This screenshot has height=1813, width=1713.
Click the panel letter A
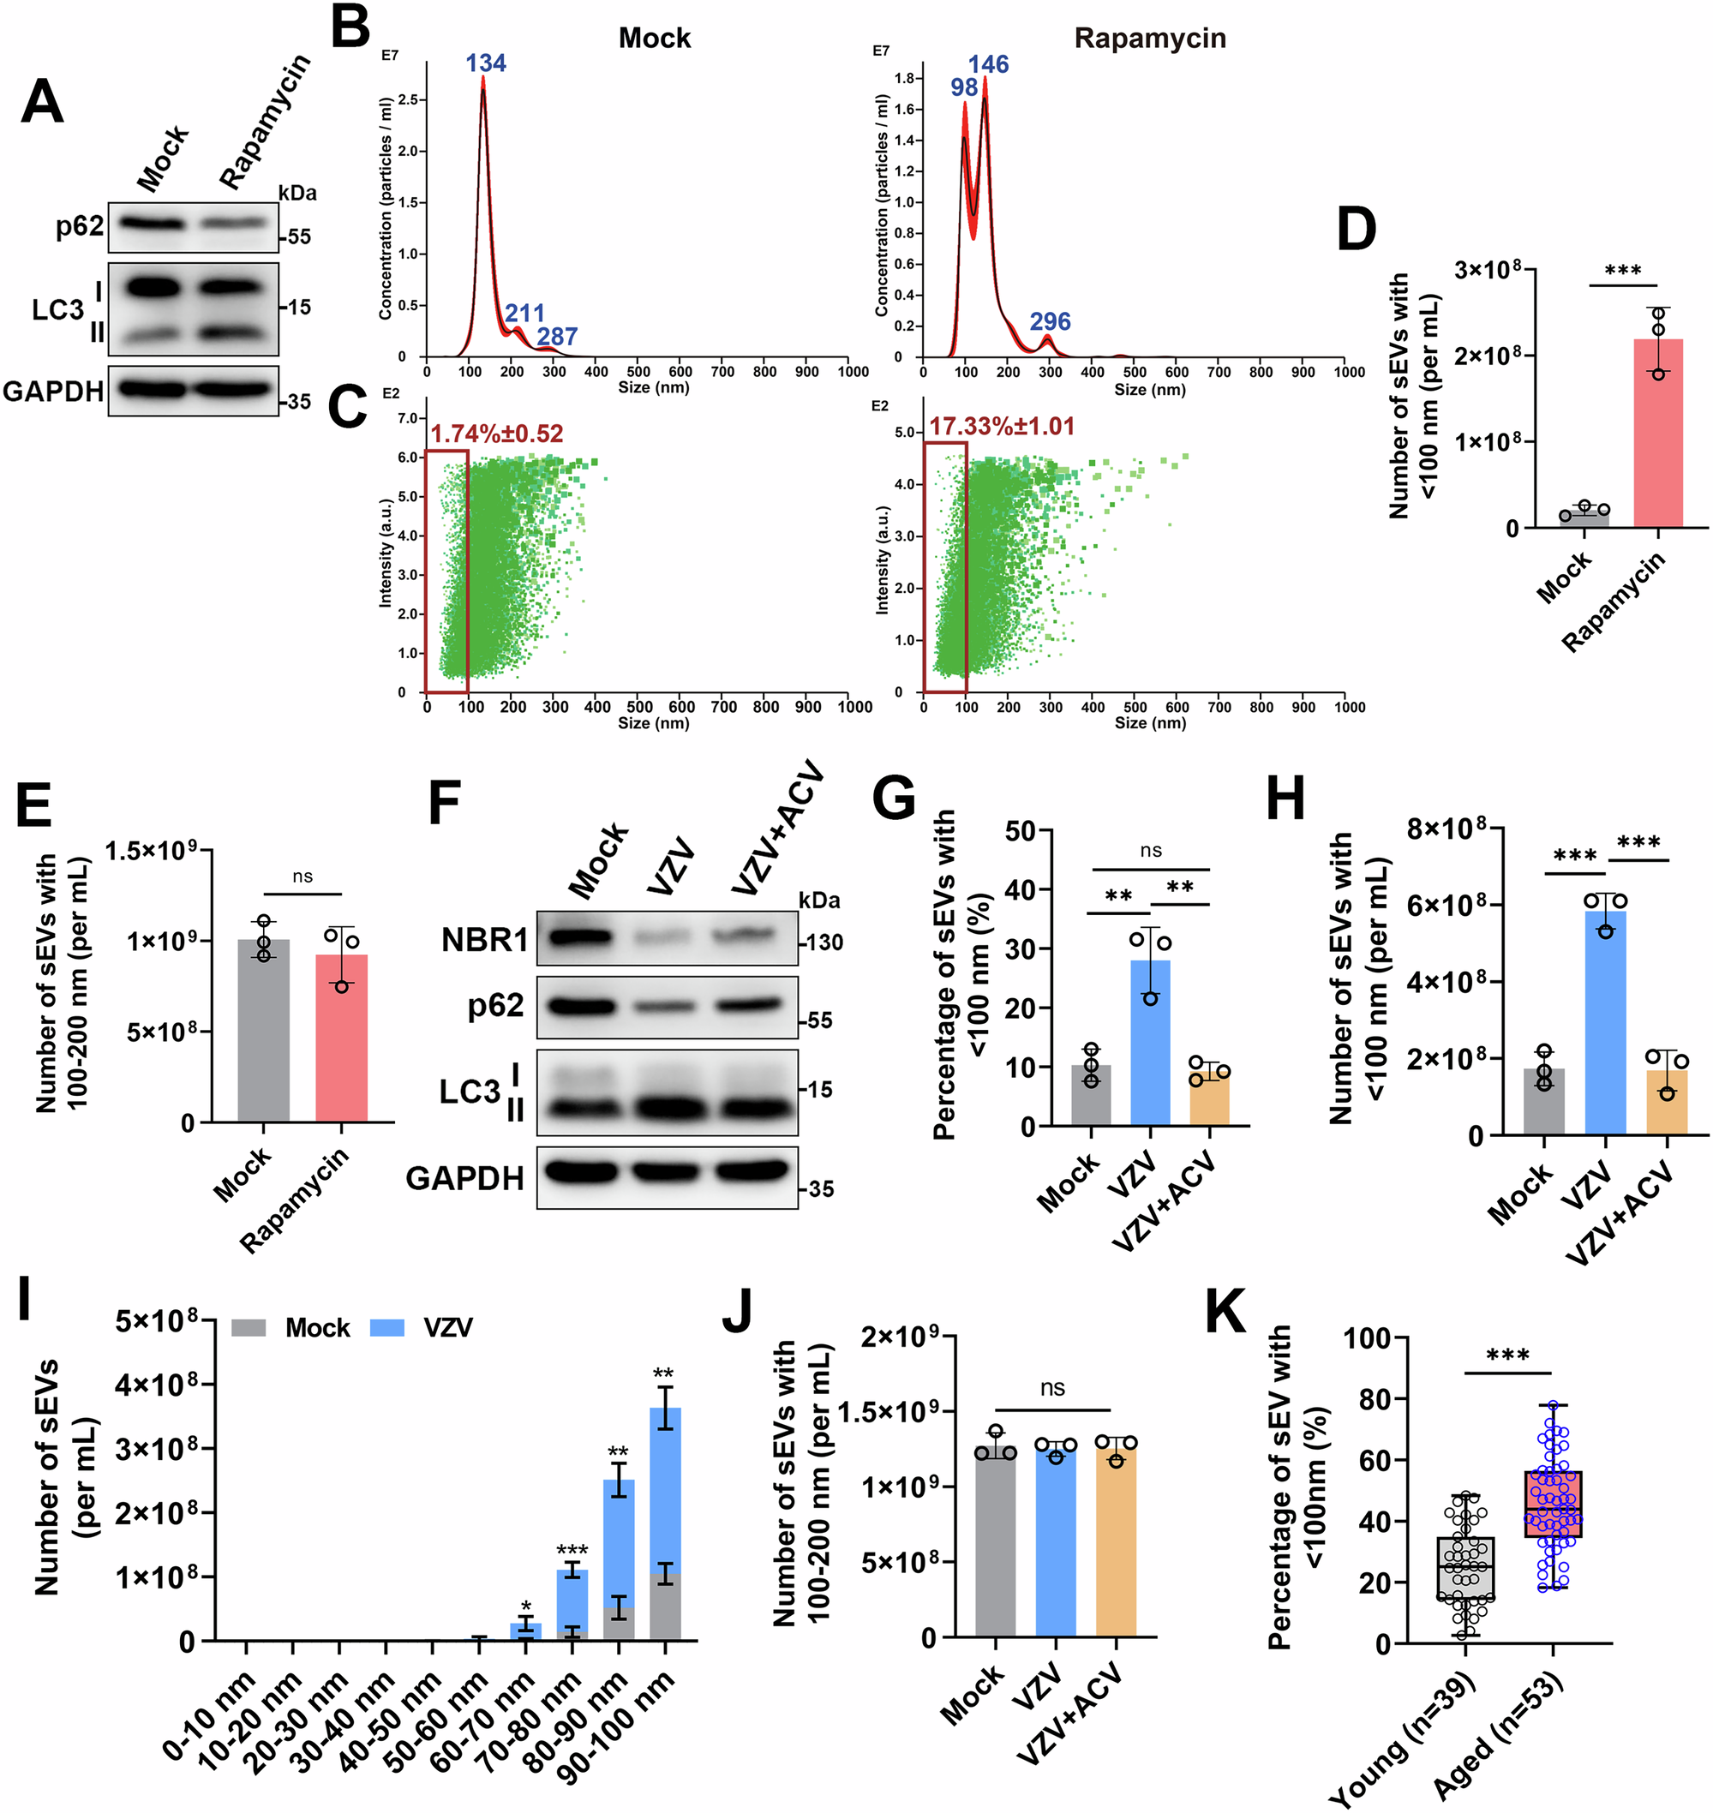click(42, 102)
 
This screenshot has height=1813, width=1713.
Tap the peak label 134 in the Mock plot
click(486, 63)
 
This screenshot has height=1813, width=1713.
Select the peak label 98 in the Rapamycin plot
click(964, 87)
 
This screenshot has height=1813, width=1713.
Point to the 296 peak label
click(1050, 321)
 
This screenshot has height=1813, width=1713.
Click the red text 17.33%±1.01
click(1002, 427)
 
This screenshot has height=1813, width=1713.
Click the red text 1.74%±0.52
click(497, 434)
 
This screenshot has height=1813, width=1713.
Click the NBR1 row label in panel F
click(484, 939)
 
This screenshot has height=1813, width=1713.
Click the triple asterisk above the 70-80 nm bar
click(572, 1550)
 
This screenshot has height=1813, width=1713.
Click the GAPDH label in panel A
click(53, 392)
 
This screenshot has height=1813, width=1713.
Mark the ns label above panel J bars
click(1052, 1389)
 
